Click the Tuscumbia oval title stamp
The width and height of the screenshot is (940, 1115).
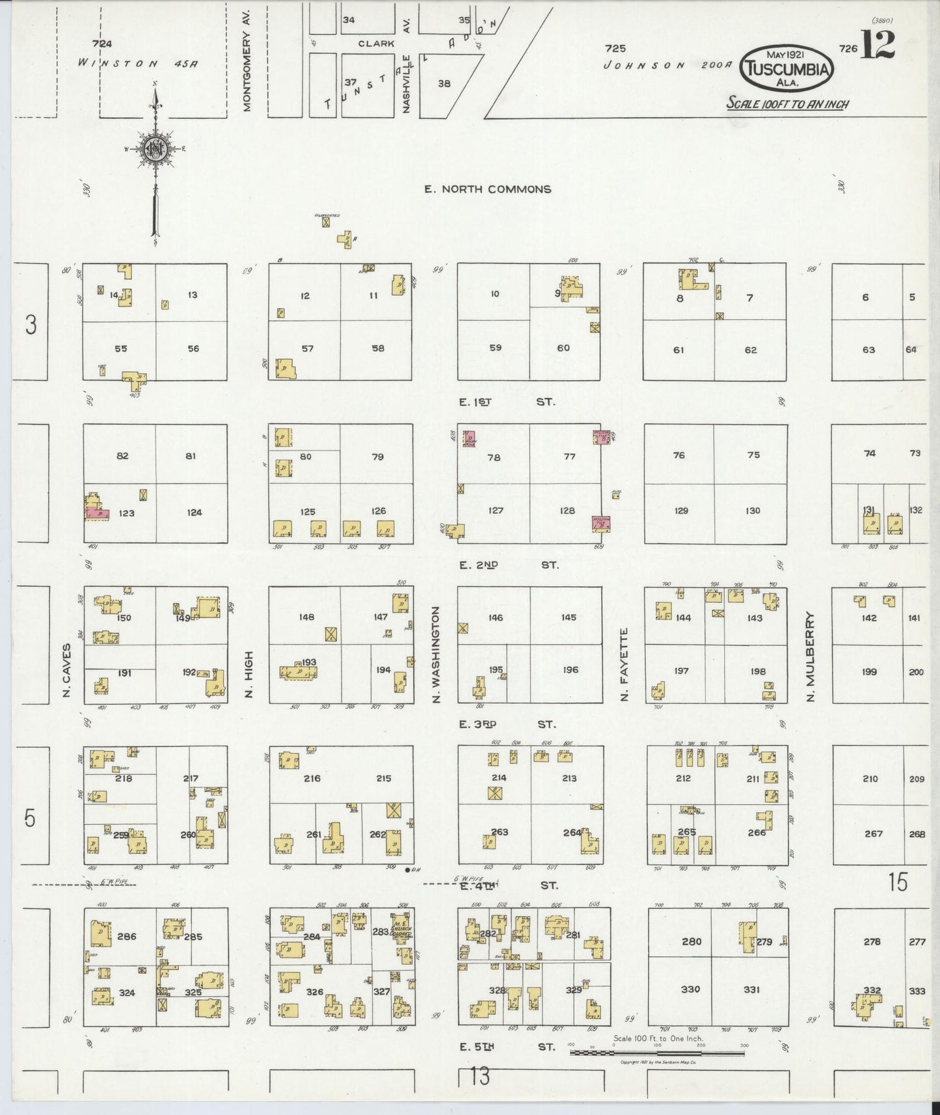[x=788, y=69]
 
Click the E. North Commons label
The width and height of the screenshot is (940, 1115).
[x=487, y=189]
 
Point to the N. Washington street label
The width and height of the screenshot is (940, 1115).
[x=436, y=653]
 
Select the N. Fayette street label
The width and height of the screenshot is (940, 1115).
[x=624, y=664]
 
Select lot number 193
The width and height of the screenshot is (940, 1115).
[x=309, y=662]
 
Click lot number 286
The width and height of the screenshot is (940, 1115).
[x=127, y=936]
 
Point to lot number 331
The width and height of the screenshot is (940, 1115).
[x=751, y=989]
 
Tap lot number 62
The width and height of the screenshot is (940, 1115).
[x=751, y=350]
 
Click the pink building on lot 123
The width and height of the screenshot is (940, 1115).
[x=97, y=513]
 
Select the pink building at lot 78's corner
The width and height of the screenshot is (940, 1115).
[x=468, y=438]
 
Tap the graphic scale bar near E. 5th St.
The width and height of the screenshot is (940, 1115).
[x=657, y=1052]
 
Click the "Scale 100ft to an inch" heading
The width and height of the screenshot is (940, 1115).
[x=787, y=103]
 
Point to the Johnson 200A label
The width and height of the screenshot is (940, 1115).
[x=668, y=65]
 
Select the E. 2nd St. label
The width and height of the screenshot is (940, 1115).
[x=508, y=565]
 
